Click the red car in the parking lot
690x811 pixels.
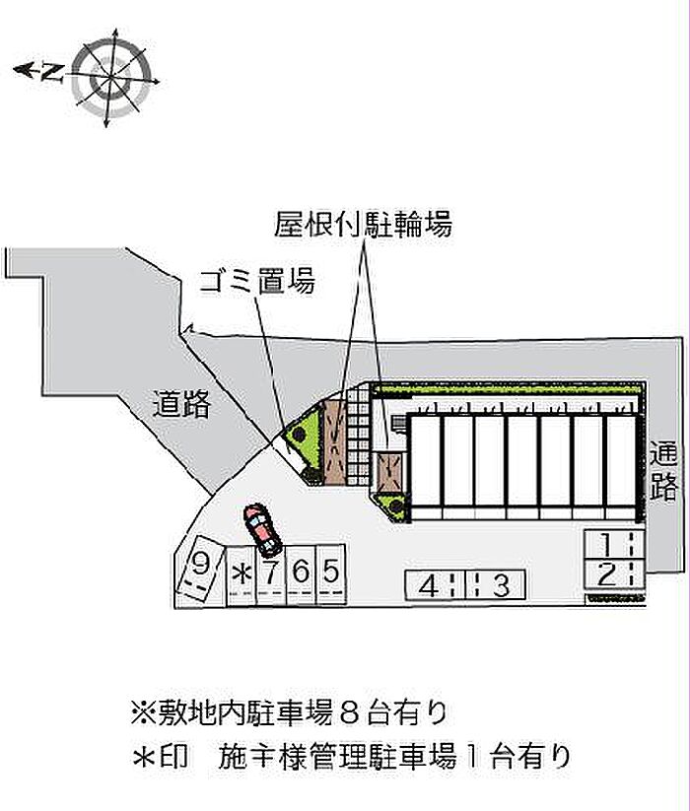click(262, 529)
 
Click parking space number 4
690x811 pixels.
click(429, 585)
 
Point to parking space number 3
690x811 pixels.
click(501, 585)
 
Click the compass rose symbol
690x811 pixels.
click(114, 76)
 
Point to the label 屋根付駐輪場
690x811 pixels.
click(362, 226)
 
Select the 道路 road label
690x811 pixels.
click(181, 404)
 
